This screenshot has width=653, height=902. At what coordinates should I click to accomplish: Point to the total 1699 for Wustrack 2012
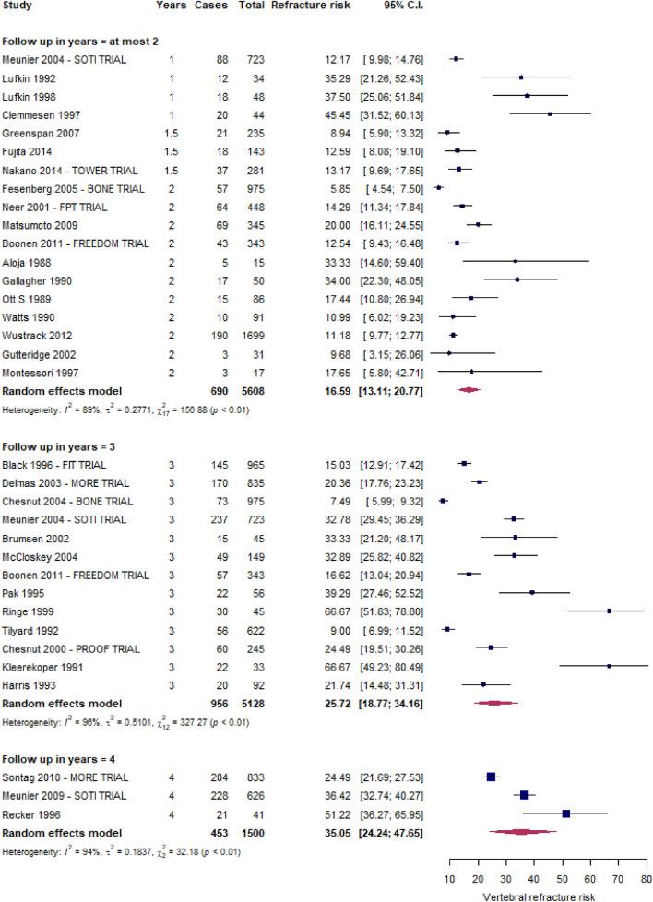click(242, 336)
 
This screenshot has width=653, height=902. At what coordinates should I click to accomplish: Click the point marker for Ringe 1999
click(609, 611)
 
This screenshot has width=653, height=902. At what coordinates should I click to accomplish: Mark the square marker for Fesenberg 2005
click(438, 187)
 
